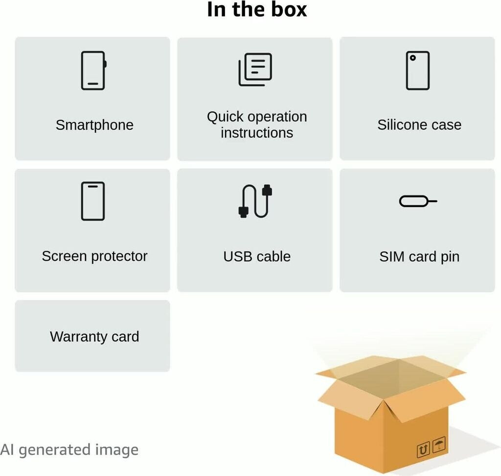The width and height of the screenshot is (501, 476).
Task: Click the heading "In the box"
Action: tap(257, 10)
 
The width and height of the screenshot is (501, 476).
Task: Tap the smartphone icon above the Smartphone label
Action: tap(93, 70)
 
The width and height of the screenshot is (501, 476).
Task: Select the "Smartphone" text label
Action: tap(94, 125)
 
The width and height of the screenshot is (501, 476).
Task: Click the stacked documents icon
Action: tap(255, 70)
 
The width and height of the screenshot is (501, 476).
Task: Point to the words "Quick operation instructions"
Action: tap(257, 124)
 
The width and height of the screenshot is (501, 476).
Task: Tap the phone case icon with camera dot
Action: tap(418, 70)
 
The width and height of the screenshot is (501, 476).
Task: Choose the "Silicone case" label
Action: tap(419, 125)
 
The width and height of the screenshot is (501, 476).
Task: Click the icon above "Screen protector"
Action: tap(93, 201)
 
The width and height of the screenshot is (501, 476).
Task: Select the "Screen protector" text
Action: tap(94, 256)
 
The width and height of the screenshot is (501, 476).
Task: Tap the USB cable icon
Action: tap(255, 201)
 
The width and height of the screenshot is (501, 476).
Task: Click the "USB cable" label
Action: tap(257, 256)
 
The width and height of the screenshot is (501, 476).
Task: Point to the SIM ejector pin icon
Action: tap(418, 201)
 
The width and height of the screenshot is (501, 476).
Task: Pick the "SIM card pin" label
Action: tap(419, 256)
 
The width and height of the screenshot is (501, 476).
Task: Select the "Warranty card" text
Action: tap(94, 337)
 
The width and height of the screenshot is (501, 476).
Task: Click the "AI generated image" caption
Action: tap(69, 450)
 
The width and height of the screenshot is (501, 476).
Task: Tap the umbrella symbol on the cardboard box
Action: tap(439, 445)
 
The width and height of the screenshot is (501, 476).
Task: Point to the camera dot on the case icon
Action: tap(413, 58)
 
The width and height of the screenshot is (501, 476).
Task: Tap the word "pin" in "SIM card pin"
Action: tap(449, 257)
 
